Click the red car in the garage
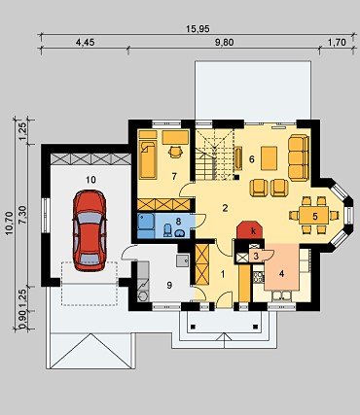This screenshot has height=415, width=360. click(x=90, y=230)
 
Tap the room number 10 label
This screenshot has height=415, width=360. click(x=91, y=180)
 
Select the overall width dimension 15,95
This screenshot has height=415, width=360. click(x=198, y=29)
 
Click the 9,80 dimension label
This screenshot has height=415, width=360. click(x=224, y=43)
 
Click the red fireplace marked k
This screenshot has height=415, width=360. click(x=249, y=230)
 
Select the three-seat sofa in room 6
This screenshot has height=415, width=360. click(x=299, y=157)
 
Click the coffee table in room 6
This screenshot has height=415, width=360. click(x=270, y=158)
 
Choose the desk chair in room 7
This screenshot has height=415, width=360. click(x=175, y=152)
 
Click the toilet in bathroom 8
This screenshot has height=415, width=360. click(x=168, y=229)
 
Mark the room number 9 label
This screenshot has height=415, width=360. click(x=169, y=285)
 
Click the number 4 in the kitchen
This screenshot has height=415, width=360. click(x=281, y=274)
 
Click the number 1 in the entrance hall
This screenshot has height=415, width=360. click(x=223, y=274)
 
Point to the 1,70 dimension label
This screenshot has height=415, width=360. click(x=337, y=43)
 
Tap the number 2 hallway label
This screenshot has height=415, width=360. click(x=225, y=208)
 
